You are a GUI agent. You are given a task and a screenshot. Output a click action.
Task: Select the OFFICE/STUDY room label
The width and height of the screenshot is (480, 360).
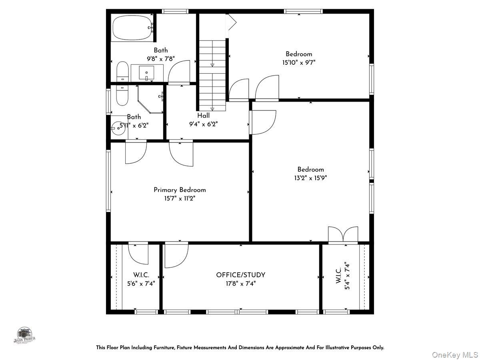pos(240,275)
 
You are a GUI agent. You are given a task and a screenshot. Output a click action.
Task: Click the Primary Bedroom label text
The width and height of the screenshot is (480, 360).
pos(180,190)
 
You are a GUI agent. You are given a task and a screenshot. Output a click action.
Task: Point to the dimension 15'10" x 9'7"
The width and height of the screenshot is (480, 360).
pos(298,62)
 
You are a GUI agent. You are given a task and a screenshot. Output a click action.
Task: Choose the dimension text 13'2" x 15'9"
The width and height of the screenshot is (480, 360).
pos(310,178)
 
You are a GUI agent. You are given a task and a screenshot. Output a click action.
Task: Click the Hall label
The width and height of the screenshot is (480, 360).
pos(203,116)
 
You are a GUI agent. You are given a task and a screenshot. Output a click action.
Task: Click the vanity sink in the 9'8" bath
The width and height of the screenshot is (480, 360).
pos(147,72)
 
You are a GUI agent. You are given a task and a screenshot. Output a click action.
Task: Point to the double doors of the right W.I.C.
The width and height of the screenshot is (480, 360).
pos(343,235)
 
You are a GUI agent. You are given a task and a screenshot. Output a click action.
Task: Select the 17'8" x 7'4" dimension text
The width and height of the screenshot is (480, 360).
pos(240,284)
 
